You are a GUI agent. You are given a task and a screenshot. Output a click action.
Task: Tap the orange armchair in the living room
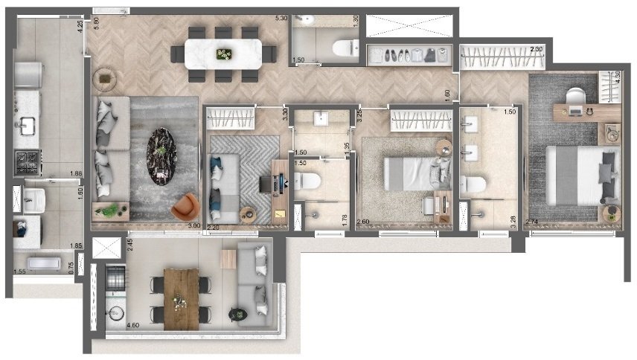[x=185, y=206]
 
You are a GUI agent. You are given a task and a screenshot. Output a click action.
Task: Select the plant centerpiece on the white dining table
[x=223, y=53]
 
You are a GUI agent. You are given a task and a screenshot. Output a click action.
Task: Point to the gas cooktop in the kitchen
[x=29, y=160]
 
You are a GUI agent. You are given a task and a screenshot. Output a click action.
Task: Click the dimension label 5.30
[x=281, y=16]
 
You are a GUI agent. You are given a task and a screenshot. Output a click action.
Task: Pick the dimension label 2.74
[x=532, y=222]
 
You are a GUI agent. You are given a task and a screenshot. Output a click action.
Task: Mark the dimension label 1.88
[x=74, y=174]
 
